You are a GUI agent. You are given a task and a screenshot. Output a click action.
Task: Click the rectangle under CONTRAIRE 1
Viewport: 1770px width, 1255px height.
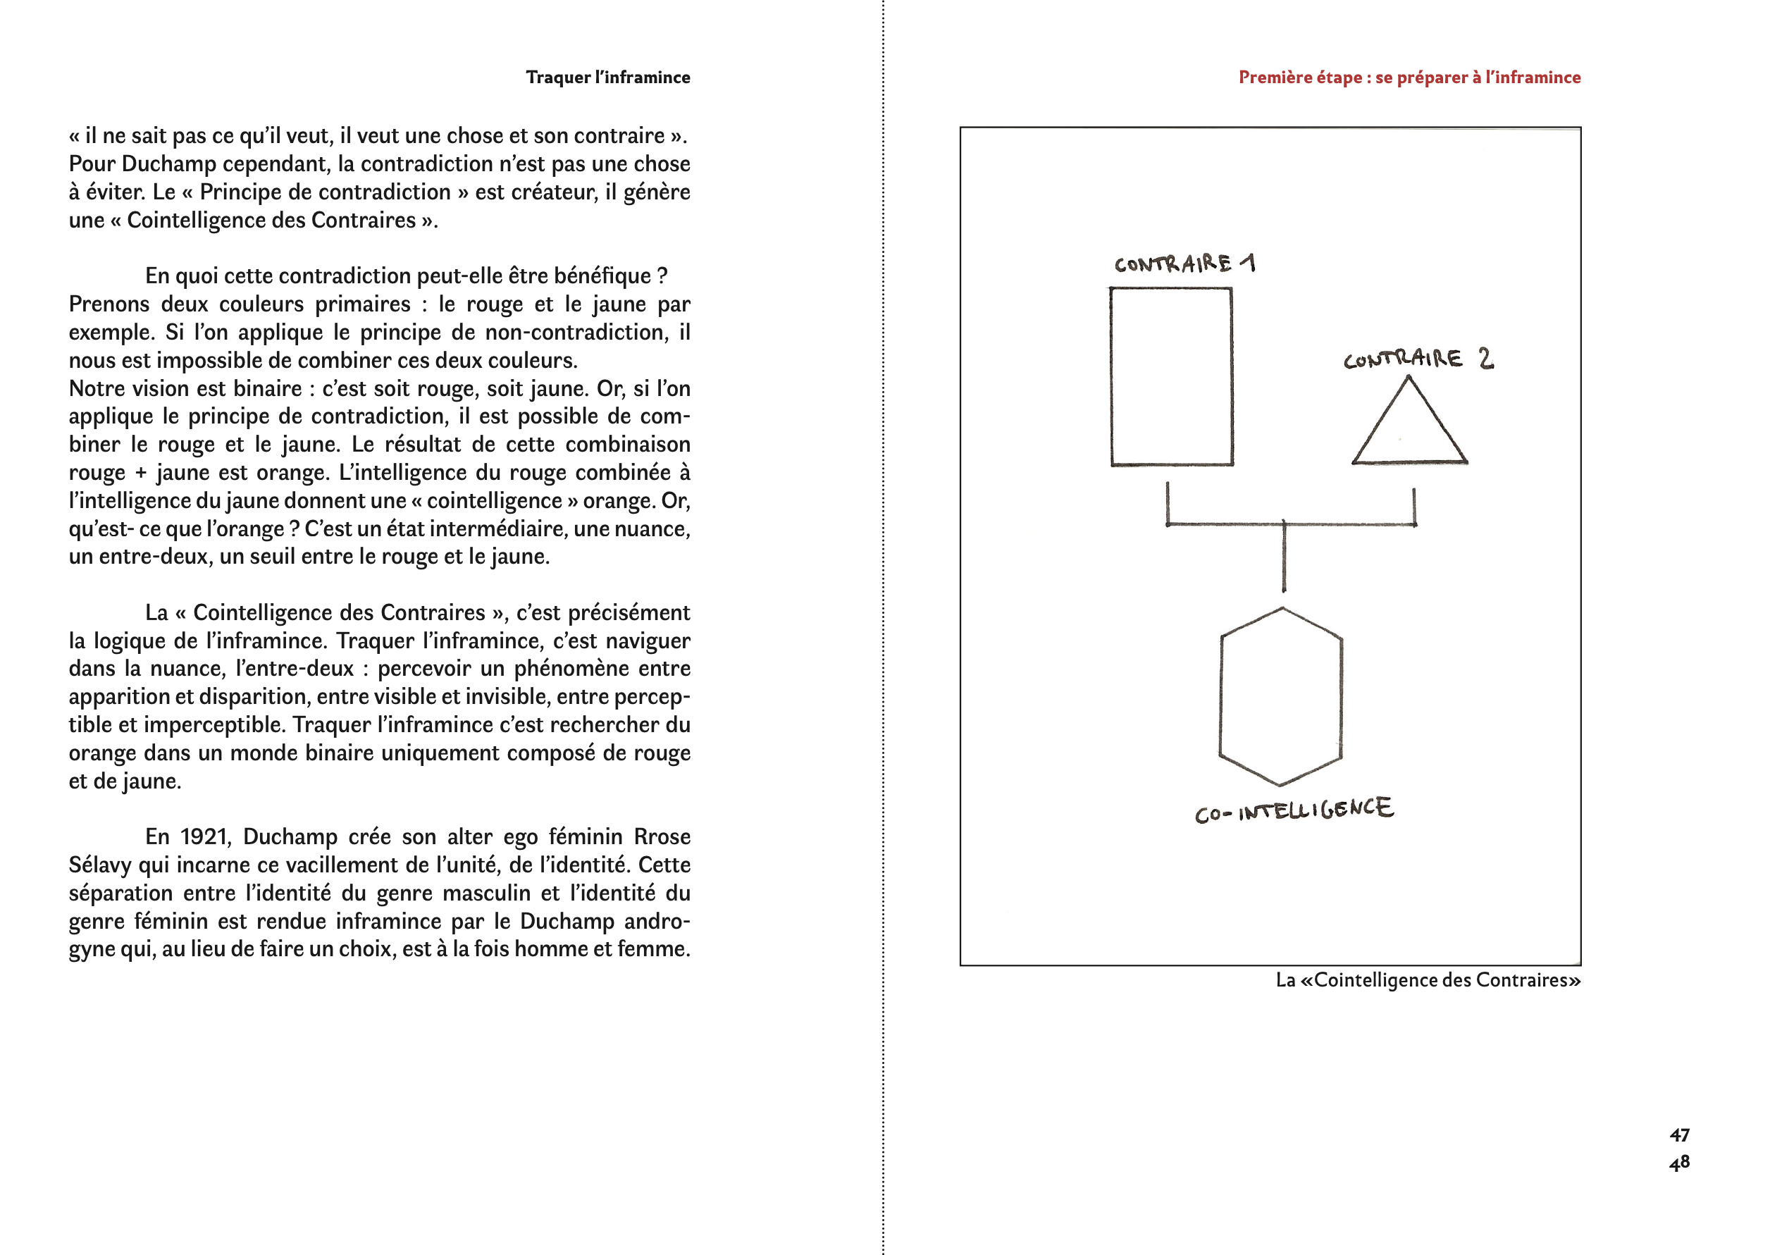click(x=1171, y=377)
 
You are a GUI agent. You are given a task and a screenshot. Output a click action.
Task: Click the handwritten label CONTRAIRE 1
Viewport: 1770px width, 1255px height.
click(x=1184, y=264)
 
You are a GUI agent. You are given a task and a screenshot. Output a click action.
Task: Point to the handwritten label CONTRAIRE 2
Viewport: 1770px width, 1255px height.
click(x=1418, y=359)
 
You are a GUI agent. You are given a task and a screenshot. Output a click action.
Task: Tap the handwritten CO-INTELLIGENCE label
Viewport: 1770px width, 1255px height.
click(x=1294, y=810)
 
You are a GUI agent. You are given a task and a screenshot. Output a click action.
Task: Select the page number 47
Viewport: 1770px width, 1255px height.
click(x=1679, y=1135)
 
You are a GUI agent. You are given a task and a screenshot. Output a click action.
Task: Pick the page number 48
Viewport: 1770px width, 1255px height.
click(x=1679, y=1163)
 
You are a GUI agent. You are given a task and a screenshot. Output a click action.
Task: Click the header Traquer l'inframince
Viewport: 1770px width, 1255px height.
click(x=608, y=78)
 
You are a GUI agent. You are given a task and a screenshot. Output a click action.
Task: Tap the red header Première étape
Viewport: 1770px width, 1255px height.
click(x=1409, y=78)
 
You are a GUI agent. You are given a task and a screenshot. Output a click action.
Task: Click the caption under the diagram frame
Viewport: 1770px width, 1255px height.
click(x=1428, y=980)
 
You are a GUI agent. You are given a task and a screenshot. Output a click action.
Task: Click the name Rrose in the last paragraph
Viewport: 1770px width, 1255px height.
click(x=662, y=837)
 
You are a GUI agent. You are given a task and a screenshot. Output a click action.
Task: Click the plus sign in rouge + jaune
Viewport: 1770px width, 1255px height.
click(x=141, y=473)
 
